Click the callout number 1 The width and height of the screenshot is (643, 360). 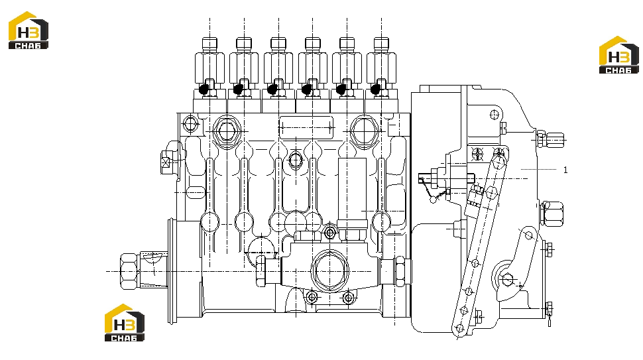click(565, 170)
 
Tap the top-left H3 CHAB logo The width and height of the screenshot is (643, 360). click(29, 30)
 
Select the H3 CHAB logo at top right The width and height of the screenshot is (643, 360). click(619, 55)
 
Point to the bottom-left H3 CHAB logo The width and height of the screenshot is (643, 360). click(125, 323)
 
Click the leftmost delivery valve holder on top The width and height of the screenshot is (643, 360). click(209, 68)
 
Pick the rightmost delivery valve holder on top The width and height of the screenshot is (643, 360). click(381, 68)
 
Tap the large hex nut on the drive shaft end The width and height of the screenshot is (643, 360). click(129, 271)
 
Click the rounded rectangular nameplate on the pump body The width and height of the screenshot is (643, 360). click(306, 127)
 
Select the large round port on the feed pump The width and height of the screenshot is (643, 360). click(329, 270)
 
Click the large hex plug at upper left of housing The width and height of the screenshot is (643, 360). click(226, 131)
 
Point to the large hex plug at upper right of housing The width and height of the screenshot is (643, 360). click(364, 131)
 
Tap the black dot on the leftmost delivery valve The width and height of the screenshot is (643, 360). click(204, 89)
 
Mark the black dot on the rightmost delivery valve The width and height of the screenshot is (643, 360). click(375, 89)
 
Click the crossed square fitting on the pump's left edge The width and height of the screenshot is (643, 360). click(165, 163)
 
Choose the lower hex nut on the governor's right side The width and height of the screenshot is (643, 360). click(551, 213)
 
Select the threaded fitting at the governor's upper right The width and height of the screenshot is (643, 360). click(551, 139)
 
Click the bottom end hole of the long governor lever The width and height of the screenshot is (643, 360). click(459, 328)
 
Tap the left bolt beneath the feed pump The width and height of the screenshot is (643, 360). click(312, 297)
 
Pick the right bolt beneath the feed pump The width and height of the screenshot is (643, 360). click(348, 297)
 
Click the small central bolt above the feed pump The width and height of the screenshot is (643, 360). click(329, 233)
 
